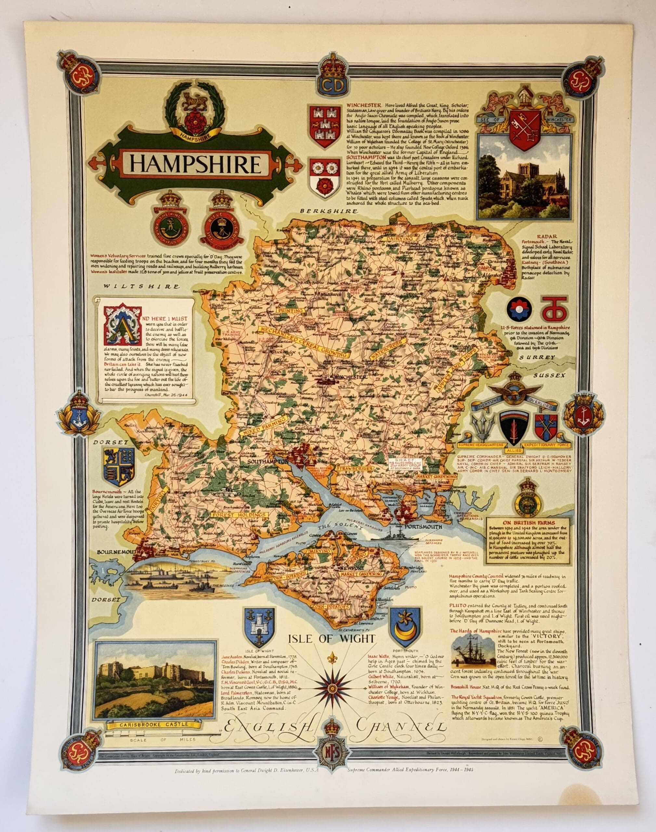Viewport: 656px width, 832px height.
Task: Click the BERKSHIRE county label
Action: click(329, 211)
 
